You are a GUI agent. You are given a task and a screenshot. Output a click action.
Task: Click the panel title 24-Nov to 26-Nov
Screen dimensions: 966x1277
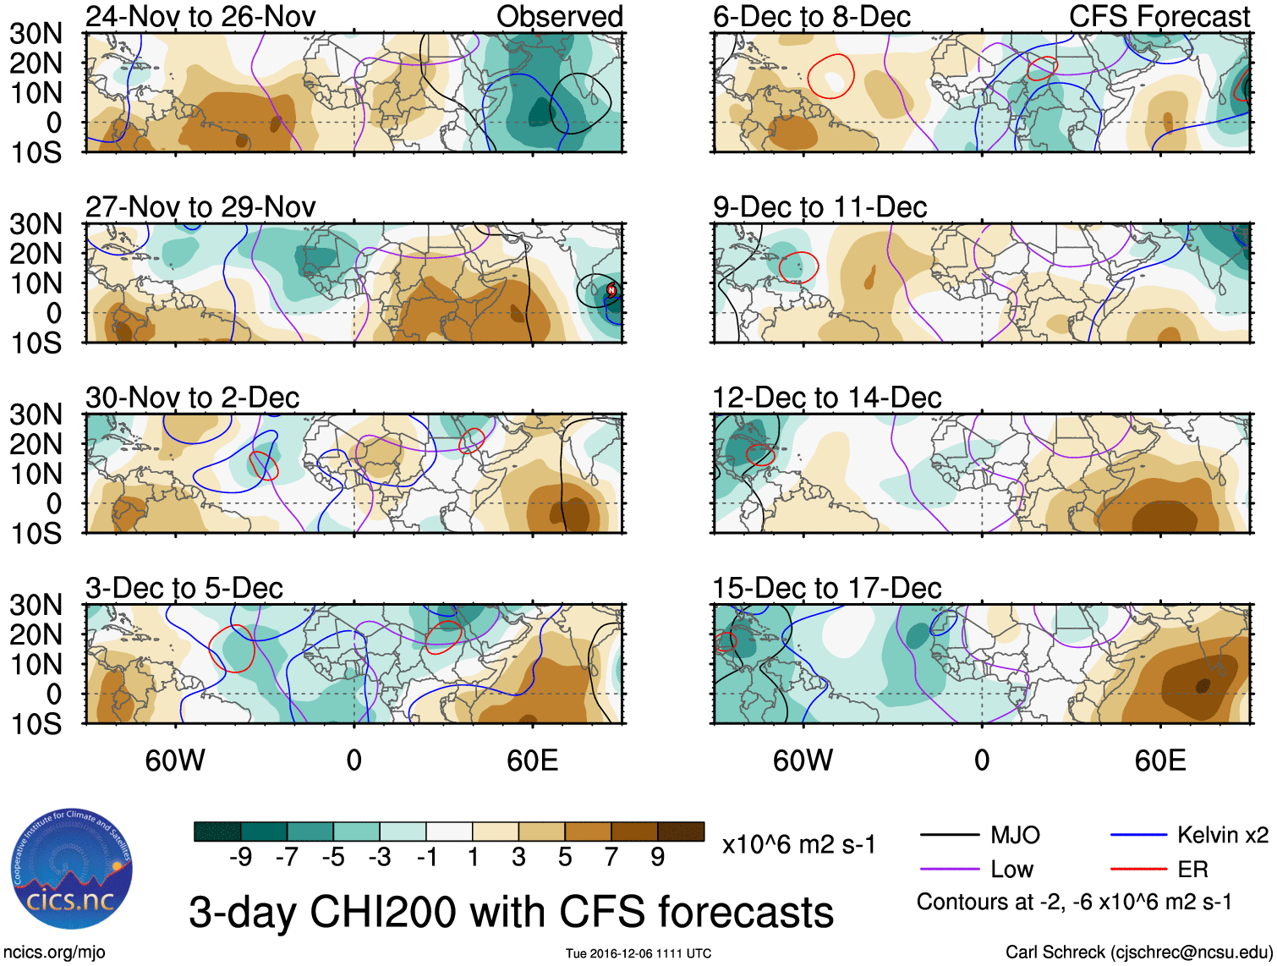200,16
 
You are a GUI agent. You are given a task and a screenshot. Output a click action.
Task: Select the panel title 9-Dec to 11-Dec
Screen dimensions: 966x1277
819,206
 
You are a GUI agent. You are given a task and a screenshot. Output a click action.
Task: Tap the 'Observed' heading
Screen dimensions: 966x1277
559,16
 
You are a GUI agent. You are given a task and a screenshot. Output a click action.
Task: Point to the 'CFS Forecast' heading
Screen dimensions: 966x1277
1159,16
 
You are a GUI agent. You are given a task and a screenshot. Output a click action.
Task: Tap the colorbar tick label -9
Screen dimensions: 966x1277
240,858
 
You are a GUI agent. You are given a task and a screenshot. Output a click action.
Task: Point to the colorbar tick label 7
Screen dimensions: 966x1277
611,858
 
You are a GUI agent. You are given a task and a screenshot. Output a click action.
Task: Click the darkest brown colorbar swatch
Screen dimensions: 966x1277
681,832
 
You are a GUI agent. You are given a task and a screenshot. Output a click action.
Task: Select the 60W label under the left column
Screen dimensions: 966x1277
175,760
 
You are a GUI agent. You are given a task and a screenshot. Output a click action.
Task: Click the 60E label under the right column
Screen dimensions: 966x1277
1159,760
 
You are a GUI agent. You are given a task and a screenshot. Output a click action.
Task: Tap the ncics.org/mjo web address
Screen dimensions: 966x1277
54,952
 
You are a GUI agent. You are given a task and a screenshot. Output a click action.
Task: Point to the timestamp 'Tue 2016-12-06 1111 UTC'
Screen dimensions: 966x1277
638,954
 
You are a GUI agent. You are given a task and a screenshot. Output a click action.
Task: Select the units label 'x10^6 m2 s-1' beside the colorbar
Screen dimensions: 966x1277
798,844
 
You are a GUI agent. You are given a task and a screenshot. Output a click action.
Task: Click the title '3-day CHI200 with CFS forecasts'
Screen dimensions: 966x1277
511,912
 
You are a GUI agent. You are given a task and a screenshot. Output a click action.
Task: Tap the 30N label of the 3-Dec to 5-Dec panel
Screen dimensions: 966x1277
36,605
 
